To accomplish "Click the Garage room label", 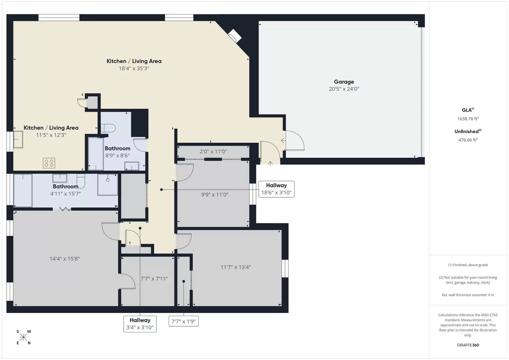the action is tap(344, 82).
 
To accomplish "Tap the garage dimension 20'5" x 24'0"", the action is tap(344, 89).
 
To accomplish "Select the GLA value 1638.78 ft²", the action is tap(468, 118).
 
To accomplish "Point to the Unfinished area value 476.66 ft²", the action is tap(468, 140).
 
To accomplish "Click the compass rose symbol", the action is tap(23, 337).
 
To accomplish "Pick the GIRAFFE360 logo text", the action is tap(468, 345).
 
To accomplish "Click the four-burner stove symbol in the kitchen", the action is tap(49, 163).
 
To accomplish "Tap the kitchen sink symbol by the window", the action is tap(18, 140).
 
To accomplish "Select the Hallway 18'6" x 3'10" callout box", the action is tap(276, 189).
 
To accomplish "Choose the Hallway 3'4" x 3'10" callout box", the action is tap(140, 324).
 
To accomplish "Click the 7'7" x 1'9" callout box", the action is tap(184, 321).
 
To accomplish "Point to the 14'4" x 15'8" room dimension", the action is tap(65, 259).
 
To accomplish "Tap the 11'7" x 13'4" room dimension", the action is tap(236, 267).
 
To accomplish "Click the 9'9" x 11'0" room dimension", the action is tap(215, 195).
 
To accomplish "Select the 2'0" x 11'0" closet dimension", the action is tap(213, 151).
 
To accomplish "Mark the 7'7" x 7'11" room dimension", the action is tap(154, 279).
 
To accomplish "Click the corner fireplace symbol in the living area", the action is tap(235, 36).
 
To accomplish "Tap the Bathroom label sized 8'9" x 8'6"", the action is tap(117, 148).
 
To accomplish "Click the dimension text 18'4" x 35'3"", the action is tap(134, 68).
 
